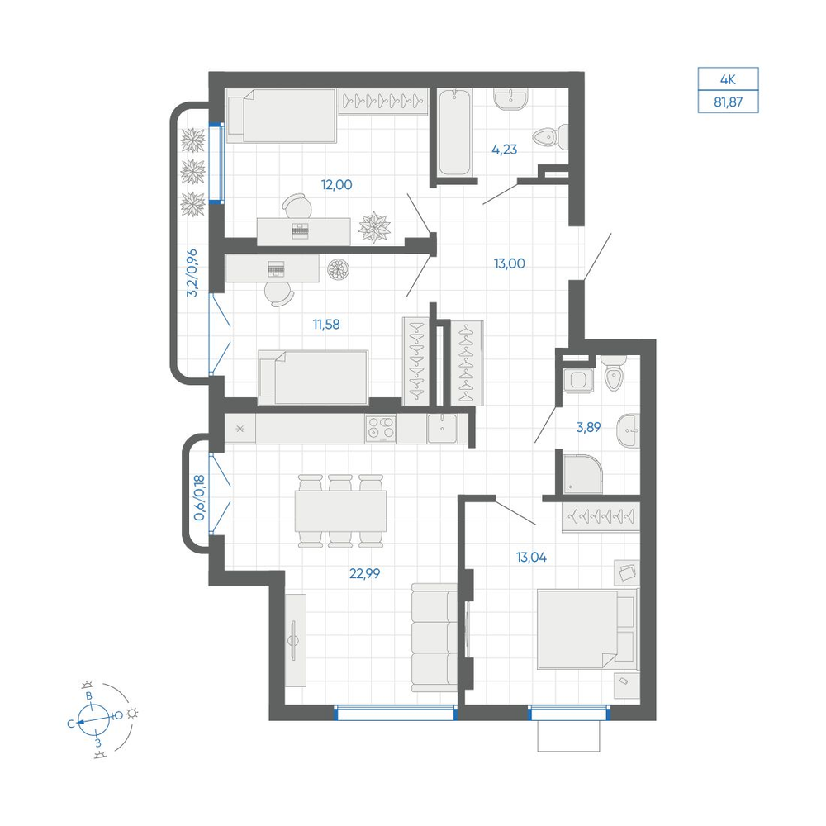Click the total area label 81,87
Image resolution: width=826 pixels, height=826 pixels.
(x=728, y=102)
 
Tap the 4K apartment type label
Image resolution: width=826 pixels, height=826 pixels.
(x=728, y=79)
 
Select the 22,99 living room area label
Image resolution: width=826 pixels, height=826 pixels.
(x=364, y=573)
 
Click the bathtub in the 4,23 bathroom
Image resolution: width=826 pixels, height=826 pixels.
(x=454, y=131)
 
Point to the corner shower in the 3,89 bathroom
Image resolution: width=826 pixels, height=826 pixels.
(x=582, y=474)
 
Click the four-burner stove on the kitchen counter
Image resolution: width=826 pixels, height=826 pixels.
(x=381, y=428)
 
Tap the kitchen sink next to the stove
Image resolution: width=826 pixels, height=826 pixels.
(x=443, y=428)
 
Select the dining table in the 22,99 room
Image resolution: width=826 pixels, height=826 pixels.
(x=340, y=511)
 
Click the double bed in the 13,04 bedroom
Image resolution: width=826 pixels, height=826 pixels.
(x=586, y=629)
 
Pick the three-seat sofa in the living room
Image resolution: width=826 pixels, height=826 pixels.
(x=434, y=638)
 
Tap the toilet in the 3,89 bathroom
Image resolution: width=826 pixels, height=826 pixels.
(x=614, y=373)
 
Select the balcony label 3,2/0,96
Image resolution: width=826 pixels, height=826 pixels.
(x=192, y=273)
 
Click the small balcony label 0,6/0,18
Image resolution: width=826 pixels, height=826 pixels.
(x=199, y=498)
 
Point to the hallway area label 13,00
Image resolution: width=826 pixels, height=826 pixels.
(x=509, y=263)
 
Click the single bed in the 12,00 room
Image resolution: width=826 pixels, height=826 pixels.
(x=282, y=116)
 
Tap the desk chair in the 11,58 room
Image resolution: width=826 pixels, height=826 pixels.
(x=279, y=293)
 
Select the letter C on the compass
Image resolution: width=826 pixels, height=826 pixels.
(x=71, y=724)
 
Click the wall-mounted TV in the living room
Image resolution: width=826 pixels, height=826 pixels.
(x=294, y=640)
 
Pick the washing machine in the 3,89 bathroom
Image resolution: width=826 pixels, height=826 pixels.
(x=578, y=380)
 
